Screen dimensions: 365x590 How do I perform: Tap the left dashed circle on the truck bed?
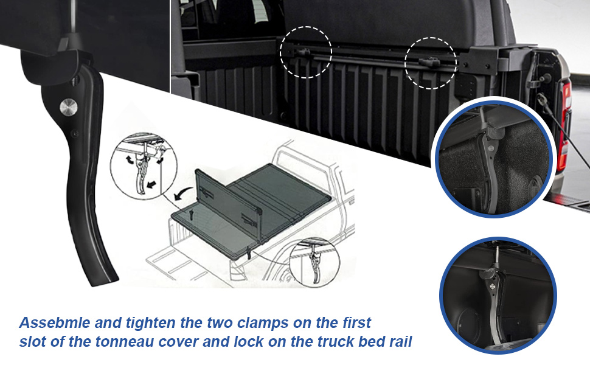(x=306, y=52)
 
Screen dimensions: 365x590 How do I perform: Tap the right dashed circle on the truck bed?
(x=431, y=63)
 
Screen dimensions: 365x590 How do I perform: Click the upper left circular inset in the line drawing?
(x=139, y=169)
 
